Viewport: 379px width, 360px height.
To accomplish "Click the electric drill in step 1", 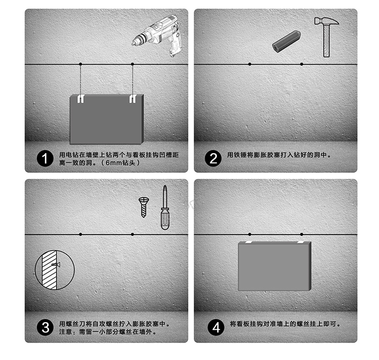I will [x=158, y=34].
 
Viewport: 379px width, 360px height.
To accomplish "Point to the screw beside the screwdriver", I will [x=143, y=207].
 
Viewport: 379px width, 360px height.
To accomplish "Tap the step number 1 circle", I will [x=45, y=159].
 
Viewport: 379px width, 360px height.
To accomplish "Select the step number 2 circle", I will [x=213, y=159].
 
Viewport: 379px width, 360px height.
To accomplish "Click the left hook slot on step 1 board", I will [x=80, y=99].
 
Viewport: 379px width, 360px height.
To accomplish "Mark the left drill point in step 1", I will [x=80, y=64].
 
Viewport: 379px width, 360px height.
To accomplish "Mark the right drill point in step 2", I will [x=302, y=64].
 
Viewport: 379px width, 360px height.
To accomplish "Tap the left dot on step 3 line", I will [x=80, y=234].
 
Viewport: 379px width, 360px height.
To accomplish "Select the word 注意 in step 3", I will [x=66, y=332].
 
